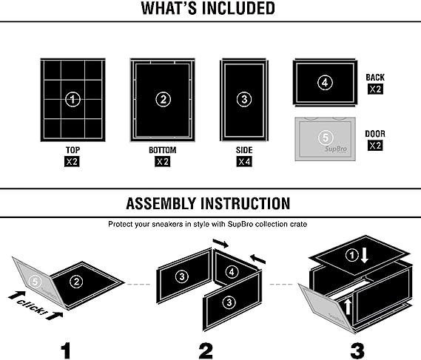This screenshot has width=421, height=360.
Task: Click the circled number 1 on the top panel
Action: pyautogui.click(x=73, y=100)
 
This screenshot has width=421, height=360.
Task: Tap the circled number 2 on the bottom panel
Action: pyautogui.click(x=163, y=100)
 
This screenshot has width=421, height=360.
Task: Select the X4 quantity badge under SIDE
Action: pyautogui.click(x=244, y=162)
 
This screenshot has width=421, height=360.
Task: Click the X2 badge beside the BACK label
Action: pyautogui.click(x=375, y=89)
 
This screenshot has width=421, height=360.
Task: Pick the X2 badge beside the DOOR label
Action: pyautogui.click(x=375, y=146)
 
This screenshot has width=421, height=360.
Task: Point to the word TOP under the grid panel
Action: pyautogui.click(x=73, y=150)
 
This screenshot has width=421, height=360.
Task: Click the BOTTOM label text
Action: pyautogui.click(x=163, y=150)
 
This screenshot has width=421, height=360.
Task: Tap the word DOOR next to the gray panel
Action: pyautogui.click(x=375, y=134)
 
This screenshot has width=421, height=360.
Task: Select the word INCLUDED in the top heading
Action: pyautogui.click(x=238, y=8)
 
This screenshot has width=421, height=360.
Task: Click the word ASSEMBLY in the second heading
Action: pyautogui.click(x=162, y=203)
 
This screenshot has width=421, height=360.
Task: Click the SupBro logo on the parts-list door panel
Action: pyautogui.click(x=336, y=149)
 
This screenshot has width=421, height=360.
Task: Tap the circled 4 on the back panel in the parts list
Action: pyautogui.click(x=325, y=83)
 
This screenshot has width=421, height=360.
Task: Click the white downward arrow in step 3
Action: pyautogui.click(x=364, y=255)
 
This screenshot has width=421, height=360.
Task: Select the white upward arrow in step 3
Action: pyautogui.click(x=348, y=307)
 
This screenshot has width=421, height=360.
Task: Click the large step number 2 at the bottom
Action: pyautogui.click(x=206, y=350)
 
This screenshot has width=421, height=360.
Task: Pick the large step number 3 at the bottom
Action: pyautogui.click(x=357, y=350)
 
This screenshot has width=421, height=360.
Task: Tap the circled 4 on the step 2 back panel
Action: pyautogui.click(x=232, y=272)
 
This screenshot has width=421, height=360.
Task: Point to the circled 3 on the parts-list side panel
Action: pyautogui.click(x=244, y=100)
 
